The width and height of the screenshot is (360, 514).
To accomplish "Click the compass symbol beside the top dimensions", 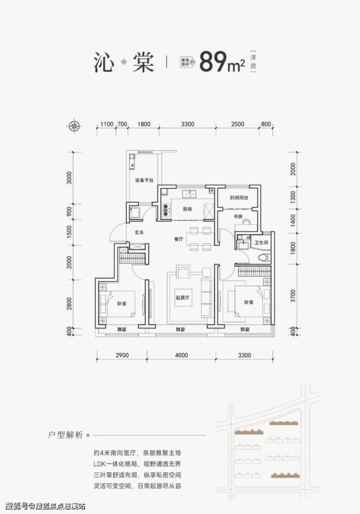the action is [x=75, y=126].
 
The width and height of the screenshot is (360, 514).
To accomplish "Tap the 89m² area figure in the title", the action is [x=222, y=62].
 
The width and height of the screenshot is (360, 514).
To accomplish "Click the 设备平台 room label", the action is [x=144, y=180].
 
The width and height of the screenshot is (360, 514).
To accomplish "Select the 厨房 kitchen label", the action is [x=187, y=209].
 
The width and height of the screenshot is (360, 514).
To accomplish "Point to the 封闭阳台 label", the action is [x=239, y=198].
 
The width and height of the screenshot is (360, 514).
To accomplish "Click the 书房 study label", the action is [x=238, y=216].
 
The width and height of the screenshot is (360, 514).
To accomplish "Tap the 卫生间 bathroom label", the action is [x=261, y=242].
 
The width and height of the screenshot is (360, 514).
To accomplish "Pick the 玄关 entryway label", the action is [x=139, y=232].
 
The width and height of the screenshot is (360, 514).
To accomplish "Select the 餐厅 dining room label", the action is [x=179, y=239].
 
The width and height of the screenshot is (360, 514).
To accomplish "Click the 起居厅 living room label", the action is [x=182, y=298].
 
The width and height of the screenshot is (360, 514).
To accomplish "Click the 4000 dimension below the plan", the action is [x=181, y=355].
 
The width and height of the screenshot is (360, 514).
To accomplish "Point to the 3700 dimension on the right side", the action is [x=293, y=296].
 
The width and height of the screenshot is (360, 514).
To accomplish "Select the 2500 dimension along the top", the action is [x=237, y=124].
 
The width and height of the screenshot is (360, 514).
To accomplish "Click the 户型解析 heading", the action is [x=66, y=435].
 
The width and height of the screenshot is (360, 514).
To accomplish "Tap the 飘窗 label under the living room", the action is [x=180, y=330].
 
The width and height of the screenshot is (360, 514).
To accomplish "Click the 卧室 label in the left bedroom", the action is [x=122, y=304].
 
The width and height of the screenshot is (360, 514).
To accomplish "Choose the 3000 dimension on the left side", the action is [x=69, y=178].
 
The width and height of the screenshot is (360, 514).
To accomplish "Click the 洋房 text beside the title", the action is [x=253, y=62].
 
